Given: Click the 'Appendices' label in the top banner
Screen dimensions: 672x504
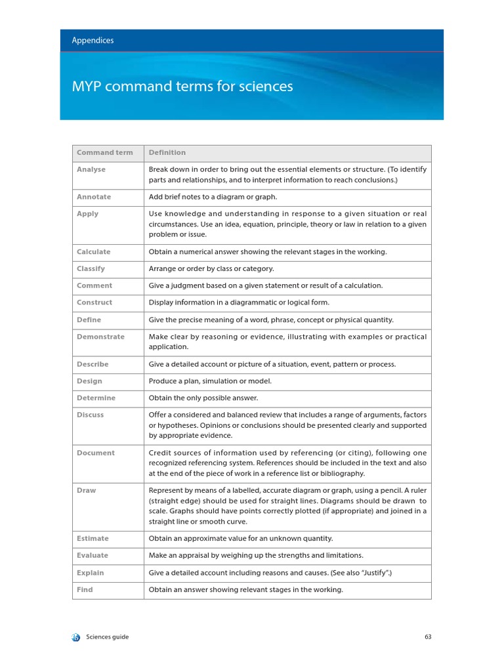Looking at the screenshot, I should (x=93, y=41).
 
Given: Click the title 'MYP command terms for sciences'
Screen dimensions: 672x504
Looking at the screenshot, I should (x=182, y=87).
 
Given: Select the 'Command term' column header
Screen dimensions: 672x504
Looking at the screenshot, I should (x=104, y=153).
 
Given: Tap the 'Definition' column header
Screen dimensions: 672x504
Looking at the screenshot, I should (x=167, y=153).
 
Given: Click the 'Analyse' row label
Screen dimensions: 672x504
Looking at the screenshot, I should (x=91, y=169).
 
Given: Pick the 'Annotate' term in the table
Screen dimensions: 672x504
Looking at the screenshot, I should (x=94, y=197).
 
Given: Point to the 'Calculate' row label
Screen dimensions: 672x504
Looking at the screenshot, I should (x=93, y=252).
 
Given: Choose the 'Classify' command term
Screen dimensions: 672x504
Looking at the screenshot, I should (x=91, y=269).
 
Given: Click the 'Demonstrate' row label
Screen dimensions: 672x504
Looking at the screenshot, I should (x=100, y=337).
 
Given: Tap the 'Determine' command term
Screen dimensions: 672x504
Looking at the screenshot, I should (x=96, y=398).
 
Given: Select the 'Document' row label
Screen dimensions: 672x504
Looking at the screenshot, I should (x=95, y=453).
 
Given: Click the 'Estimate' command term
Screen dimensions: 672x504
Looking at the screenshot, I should (x=93, y=539).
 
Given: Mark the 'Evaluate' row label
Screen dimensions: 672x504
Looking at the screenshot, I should (x=93, y=556).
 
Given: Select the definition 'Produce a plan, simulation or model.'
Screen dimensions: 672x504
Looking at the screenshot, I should (x=210, y=381).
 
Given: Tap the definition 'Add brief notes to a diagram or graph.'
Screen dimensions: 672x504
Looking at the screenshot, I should (x=213, y=197).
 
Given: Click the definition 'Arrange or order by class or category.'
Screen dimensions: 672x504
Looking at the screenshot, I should (x=211, y=269).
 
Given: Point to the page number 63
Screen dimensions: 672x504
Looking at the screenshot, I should (x=427, y=637).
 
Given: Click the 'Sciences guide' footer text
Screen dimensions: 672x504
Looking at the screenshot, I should (x=108, y=637).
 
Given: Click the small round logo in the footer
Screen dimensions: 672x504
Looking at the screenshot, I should (x=75, y=637).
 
